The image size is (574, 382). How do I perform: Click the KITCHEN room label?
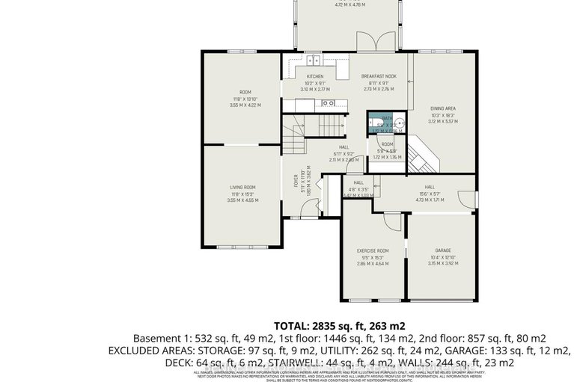314,77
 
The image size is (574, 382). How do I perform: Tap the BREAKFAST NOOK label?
378,77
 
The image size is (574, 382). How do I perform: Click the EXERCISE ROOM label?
372,250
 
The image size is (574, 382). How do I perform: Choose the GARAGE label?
443,250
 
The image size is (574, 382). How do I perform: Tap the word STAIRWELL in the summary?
263,363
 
